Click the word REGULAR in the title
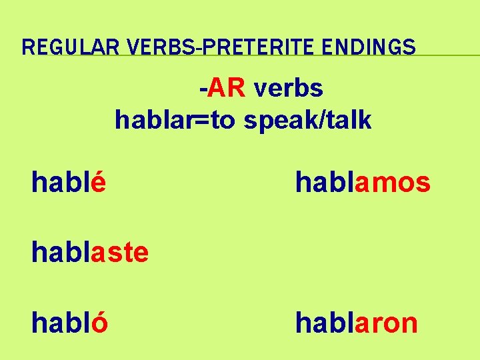[x=61, y=47]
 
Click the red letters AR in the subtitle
[x=226, y=87]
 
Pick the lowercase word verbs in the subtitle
[x=287, y=87]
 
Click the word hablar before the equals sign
[x=152, y=120]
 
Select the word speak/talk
[x=307, y=121]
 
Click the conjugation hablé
[x=69, y=182]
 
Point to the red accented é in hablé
[x=98, y=182]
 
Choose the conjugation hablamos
[x=363, y=182]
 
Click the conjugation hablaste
[x=90, y=253]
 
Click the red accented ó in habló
[x=100, y=323]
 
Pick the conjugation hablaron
[x=357, y=323]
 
